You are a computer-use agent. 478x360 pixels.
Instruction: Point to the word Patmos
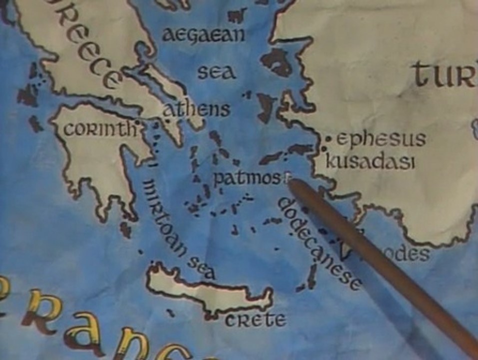tap(246, 178)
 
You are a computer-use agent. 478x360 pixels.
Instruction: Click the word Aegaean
tap(204, 35)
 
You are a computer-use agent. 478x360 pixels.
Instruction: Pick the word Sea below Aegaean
tap(216, 72)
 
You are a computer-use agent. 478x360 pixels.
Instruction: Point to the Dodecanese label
tap(319, 243)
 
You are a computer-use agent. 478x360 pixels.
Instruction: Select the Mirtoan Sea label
tap(178, 230)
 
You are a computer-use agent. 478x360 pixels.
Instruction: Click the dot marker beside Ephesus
tap(329, 138)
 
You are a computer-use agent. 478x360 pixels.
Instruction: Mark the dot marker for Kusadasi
tap(324, 148)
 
